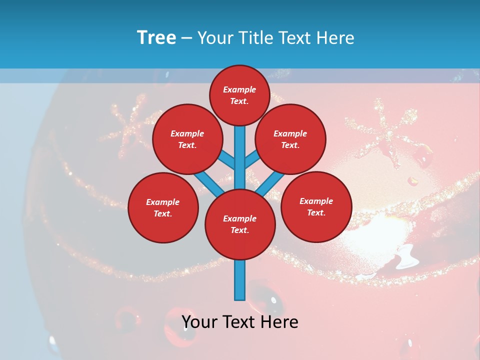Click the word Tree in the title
[156, 38]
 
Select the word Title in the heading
[253, 38]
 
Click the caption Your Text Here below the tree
[240, 322]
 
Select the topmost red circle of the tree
[239, 95]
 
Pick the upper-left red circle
[187, 139]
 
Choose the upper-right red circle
[290, 139]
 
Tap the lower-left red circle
[163, 207]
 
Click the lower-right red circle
[316, 206]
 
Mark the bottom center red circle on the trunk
[240, 224]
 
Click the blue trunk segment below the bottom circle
[240, 280]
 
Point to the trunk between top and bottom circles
[240, 157]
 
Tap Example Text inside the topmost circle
[239, 95]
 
